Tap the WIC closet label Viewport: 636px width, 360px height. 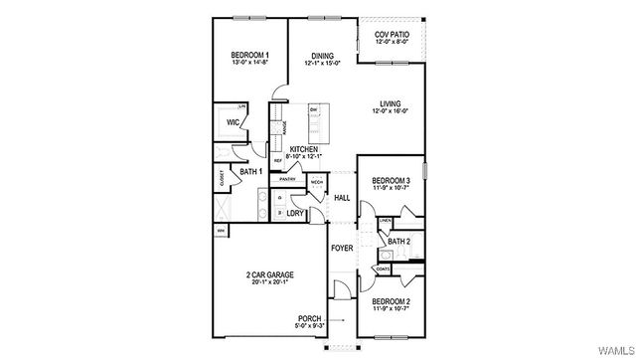click(234, 123)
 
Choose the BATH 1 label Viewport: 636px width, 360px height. click(250, 171)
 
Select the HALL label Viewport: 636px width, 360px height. click(342, 198)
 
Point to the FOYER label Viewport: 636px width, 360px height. click(342, 248)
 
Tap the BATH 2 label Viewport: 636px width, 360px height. click(398, 242)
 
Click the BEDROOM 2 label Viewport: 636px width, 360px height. click(391, 300)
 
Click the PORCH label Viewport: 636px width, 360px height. click(309, 319)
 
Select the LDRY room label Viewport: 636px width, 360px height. click(295, 213)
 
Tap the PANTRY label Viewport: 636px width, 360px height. click(288, 180)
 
